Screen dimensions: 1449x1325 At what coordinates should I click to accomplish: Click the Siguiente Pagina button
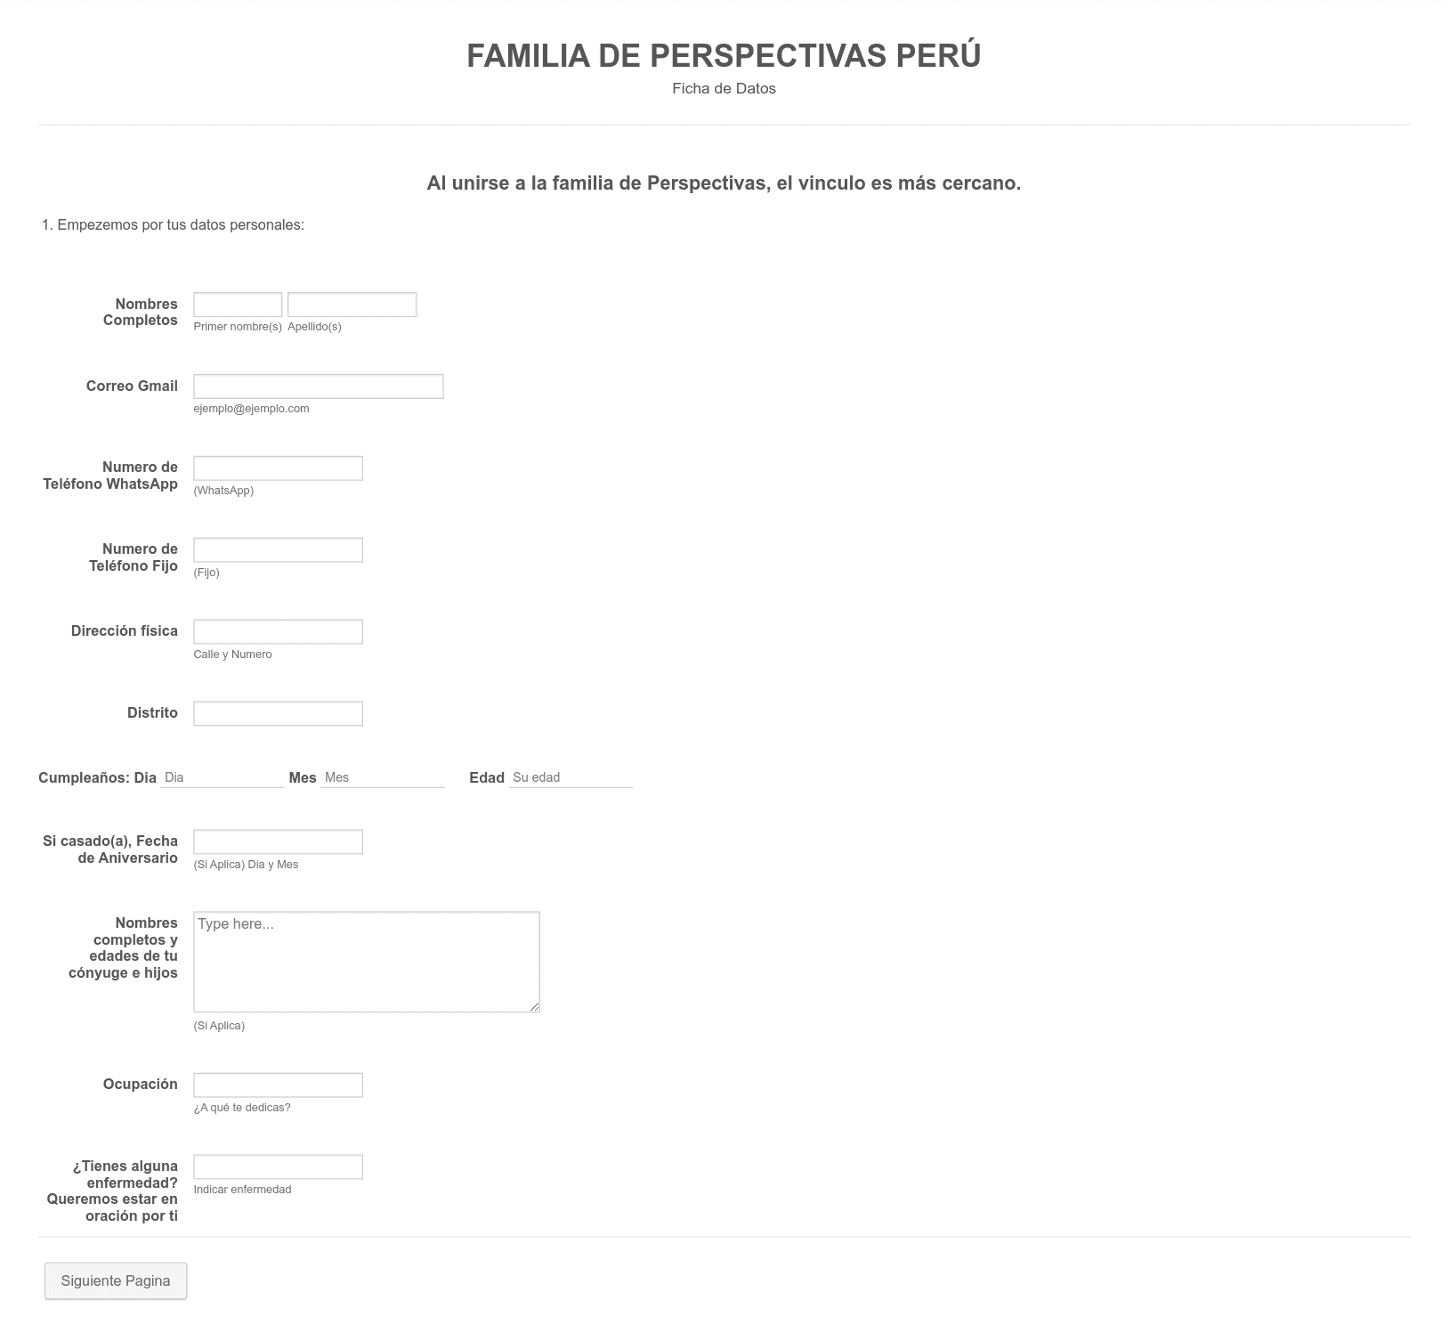tap(116, 1280)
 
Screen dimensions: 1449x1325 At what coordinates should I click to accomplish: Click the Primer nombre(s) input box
tap(238, 305)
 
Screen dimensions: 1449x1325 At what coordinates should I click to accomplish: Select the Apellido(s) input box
tap(352, 305)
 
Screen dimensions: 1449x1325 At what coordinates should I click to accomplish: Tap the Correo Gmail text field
tap(319, 386)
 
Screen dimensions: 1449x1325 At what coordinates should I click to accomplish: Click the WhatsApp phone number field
tap(278, 468)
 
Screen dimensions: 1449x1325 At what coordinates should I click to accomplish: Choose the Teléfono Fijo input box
tap(278, 550)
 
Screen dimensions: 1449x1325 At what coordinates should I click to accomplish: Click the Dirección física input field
tap(278, 631)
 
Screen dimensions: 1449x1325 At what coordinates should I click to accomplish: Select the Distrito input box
tap(278, 713)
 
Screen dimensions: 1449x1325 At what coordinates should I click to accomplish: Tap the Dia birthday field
tap(223, 777)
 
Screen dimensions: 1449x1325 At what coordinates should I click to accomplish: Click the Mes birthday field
tap(383, 777)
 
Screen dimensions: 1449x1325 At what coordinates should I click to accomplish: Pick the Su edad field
tap(571, 777)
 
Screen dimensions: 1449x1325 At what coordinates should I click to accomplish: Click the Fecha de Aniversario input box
tap(278, 841)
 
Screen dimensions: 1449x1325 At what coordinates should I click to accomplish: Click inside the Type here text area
tap(367, 962)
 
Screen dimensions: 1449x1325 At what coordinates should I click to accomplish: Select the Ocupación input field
tap(278, 1085)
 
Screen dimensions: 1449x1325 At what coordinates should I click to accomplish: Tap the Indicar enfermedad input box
tap(278, 1166)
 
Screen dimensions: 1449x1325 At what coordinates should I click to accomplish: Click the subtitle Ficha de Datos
tap(724, 88)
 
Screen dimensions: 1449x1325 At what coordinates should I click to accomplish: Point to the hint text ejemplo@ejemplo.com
tap(251, 409)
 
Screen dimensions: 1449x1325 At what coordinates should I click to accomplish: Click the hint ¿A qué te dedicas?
tap(242, 1108)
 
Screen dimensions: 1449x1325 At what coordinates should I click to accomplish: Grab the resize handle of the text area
tap(534, 1007)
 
